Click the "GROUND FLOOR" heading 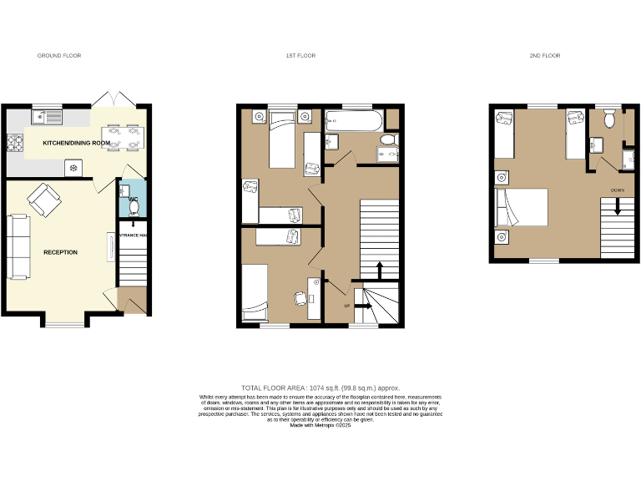(59, 56)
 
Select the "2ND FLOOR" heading (544, 56)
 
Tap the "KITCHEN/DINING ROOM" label (77, 144)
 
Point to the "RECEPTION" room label (61, 252)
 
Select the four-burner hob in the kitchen (15, 144)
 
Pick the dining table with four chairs (123, 138)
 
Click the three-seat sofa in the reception (18, 247)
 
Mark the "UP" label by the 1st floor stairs (347, 306)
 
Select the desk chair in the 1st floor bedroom (300, 297)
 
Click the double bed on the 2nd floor (522, 208)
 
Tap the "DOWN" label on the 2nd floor (617, 190)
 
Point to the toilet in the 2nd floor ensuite (610, 120)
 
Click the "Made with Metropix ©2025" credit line (320, 425)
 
